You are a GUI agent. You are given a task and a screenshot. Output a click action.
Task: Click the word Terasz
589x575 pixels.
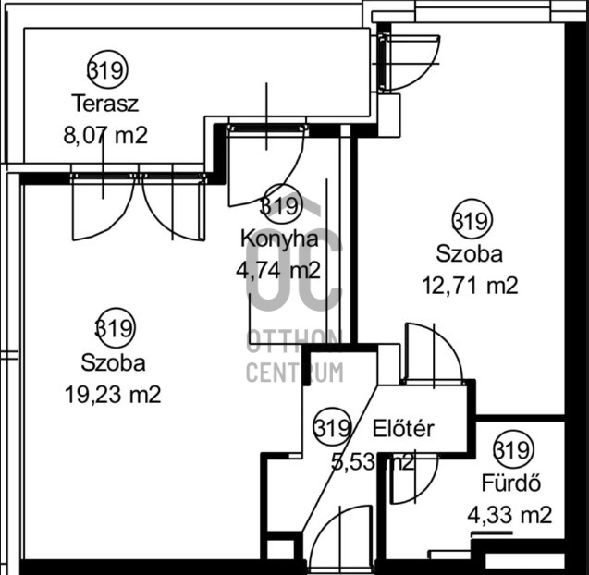point(106,102)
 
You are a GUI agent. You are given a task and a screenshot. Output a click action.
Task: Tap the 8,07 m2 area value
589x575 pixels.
point(105,135)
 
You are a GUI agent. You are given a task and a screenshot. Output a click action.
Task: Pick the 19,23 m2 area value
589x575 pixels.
point(114,395)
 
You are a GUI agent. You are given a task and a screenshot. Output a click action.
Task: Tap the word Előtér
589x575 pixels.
point(403,429)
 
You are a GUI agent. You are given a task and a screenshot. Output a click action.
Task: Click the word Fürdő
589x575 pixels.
point(509,483)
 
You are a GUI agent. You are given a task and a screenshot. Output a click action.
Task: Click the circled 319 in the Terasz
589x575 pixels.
point(107,69)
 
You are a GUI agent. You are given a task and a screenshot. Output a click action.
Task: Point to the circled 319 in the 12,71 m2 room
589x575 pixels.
point(472,221)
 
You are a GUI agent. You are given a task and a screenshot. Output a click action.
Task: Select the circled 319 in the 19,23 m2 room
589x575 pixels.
point(115,327)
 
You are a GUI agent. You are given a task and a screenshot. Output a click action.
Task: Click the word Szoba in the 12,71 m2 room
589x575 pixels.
point(471,253)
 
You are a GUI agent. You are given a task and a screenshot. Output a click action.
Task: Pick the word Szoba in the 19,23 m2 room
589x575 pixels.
point(113,361)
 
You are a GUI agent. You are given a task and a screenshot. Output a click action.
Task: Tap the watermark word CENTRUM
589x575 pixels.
point(294,373)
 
